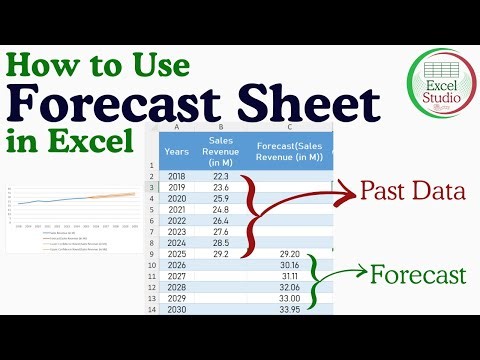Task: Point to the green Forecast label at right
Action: (419, 273)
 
